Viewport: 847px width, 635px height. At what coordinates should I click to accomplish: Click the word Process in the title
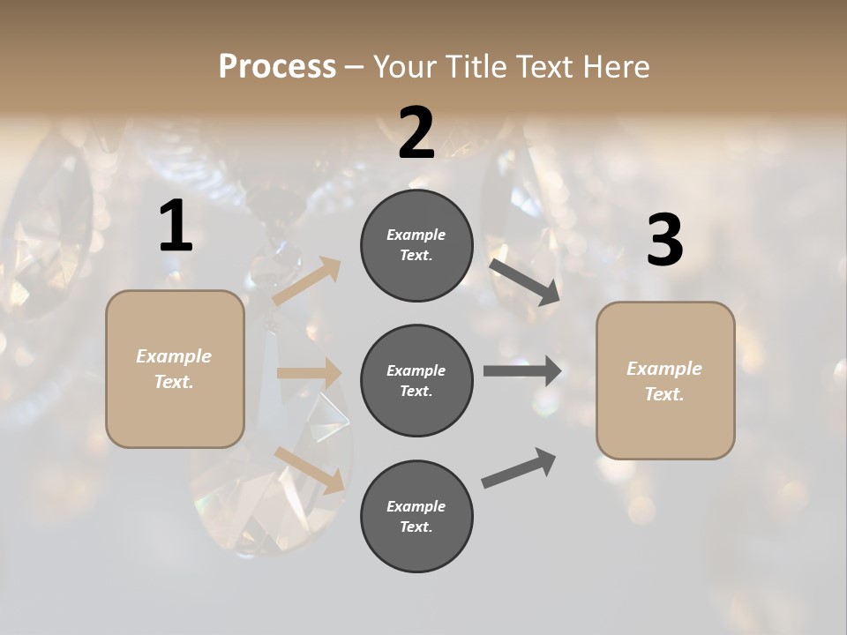click(x=277, y=67)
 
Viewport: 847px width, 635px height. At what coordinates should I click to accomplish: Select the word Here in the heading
click(x=615, y=67)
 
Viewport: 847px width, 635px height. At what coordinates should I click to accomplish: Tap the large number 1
click(x=176, y=228)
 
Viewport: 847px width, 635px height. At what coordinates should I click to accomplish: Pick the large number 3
click(x=664, y=242)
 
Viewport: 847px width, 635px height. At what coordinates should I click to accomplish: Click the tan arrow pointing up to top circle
click(x=307, y=281)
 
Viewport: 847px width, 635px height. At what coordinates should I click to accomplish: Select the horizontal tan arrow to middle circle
click(x=309, y=373)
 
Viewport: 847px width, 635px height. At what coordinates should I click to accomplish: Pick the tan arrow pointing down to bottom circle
click(x=309, y=469)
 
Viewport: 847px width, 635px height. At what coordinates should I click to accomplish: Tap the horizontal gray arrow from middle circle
click(x=521, y=370)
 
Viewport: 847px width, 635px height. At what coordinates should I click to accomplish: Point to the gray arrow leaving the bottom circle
click(x=519, y=468)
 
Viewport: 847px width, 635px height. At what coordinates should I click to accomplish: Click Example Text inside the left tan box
click(x=174, y=369)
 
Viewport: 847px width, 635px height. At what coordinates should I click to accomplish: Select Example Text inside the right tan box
click(x=664, y=381)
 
